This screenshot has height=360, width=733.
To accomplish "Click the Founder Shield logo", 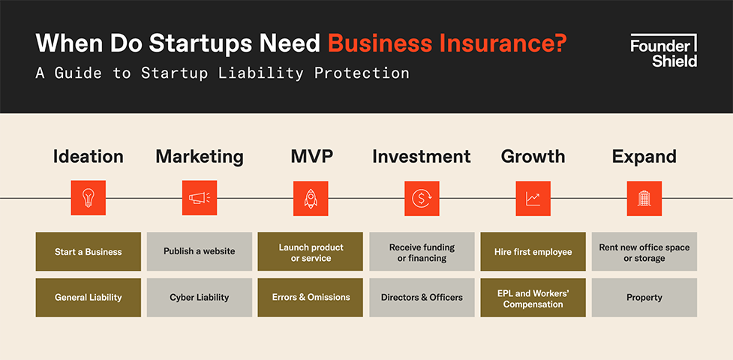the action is coord(663,50).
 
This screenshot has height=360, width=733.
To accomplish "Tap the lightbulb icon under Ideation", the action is coord(89,198).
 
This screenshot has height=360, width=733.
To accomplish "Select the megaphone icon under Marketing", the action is coord(200,198).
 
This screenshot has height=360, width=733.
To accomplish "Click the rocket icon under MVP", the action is coord(311,198).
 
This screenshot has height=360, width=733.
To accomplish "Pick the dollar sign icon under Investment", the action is coord(422,198).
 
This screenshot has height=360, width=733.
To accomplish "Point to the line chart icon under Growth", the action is coord(533,198).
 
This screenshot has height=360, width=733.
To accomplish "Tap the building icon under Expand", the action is coord(644,198).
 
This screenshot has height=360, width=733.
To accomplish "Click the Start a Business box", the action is coord(89,251).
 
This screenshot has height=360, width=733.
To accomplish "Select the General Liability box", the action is coord(89,297).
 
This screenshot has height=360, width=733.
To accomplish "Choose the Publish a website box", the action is coord(200,251).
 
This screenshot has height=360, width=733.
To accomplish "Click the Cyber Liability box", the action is coord(200,297).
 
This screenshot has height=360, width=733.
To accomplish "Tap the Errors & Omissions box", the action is coord(311,297).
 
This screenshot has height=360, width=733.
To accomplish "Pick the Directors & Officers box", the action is coord(422,297).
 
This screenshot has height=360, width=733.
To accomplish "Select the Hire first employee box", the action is coord(533,251).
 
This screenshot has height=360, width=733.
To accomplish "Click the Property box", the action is coord(644,297).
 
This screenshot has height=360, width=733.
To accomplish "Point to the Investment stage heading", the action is coord(422,157).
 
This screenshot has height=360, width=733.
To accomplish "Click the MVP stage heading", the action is coord(312,157).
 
